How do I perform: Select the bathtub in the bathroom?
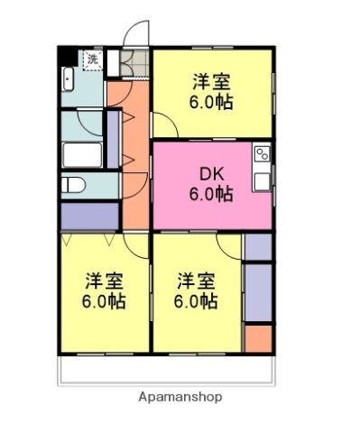(82, 154)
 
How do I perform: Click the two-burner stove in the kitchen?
(263, 153)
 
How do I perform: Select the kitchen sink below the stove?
(263, 180)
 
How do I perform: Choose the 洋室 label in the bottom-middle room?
(196, 280)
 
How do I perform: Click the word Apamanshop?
(180, 397)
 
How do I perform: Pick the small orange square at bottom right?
(257, 337)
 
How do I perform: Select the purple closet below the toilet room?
(89, 216)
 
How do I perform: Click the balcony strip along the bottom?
(167, 370)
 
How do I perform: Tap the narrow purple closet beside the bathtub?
(114, 139)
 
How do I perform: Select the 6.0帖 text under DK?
(210, 193)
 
